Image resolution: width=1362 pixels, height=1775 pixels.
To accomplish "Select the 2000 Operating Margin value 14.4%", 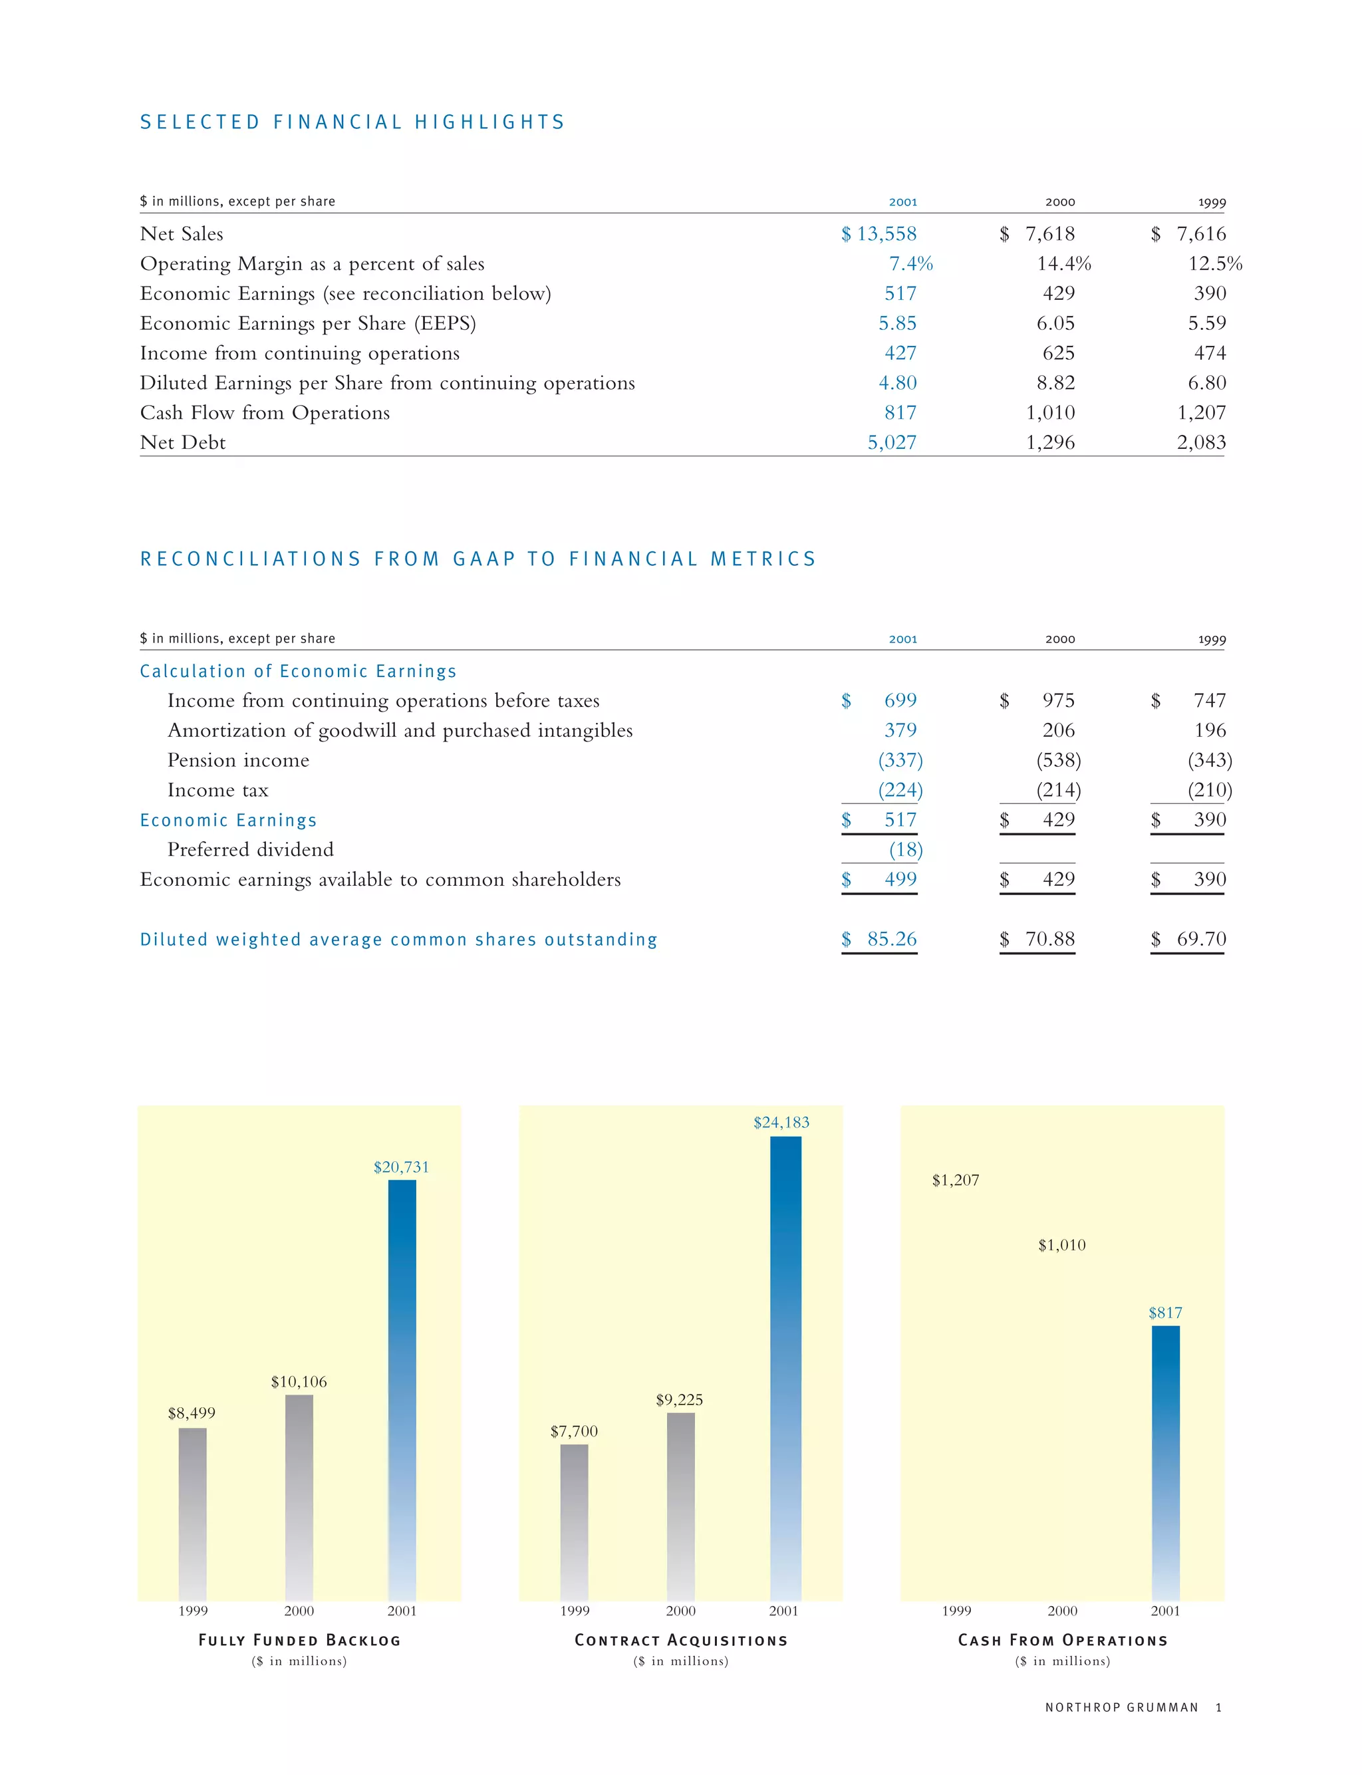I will pyautogui.click(x=1063, y=264).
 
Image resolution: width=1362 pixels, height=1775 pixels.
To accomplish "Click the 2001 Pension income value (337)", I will pyautogui.click(x=900, y=760).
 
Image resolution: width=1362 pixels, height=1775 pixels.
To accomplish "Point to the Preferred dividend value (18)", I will pyautogui.click(x=906, y=849).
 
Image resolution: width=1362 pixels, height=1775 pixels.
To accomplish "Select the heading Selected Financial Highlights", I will pyautogui.click(x=352, y=122).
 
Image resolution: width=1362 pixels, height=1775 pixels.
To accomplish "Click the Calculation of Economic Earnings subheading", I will pyautogui.click(x=297, y=671).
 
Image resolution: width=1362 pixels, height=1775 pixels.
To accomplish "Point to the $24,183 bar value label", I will pyautogui.click(x=781, y=1123).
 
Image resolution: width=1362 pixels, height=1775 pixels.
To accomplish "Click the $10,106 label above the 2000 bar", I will pyautogui.click(x=299, y=1382).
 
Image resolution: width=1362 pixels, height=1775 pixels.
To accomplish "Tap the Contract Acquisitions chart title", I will pyautogui.click(x=681, y=1641).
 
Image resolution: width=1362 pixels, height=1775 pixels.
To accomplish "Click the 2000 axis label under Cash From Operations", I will pyautogui.click(x=1062, y=1611).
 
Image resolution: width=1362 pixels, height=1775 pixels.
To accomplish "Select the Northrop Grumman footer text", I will pyautogui.click(x=1121, y=1708).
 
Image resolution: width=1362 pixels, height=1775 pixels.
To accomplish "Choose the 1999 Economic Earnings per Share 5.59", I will pyautogui.click(x=1206, y=323).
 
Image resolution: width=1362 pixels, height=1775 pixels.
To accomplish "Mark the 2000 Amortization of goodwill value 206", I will pyautogui.click(x=1058, y=730).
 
